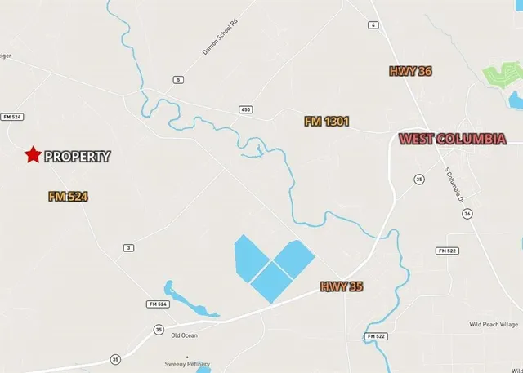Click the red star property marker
click(33, 155)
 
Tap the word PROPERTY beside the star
click(77, 156)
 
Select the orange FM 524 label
click(68, 197)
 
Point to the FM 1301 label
click(327, 122)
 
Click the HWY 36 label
click(410, 72)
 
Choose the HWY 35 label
click(341, 286)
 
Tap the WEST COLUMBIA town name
click(451, 140)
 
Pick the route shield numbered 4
click(373, 25)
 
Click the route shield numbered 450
click(245, 109)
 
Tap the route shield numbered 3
click(128, 247)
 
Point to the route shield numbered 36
click(467, 213)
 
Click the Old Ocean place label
click(184, 335)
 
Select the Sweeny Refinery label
click(187, 365)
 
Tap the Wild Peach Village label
click(494, 324)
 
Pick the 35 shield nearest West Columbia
click(418, 179)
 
